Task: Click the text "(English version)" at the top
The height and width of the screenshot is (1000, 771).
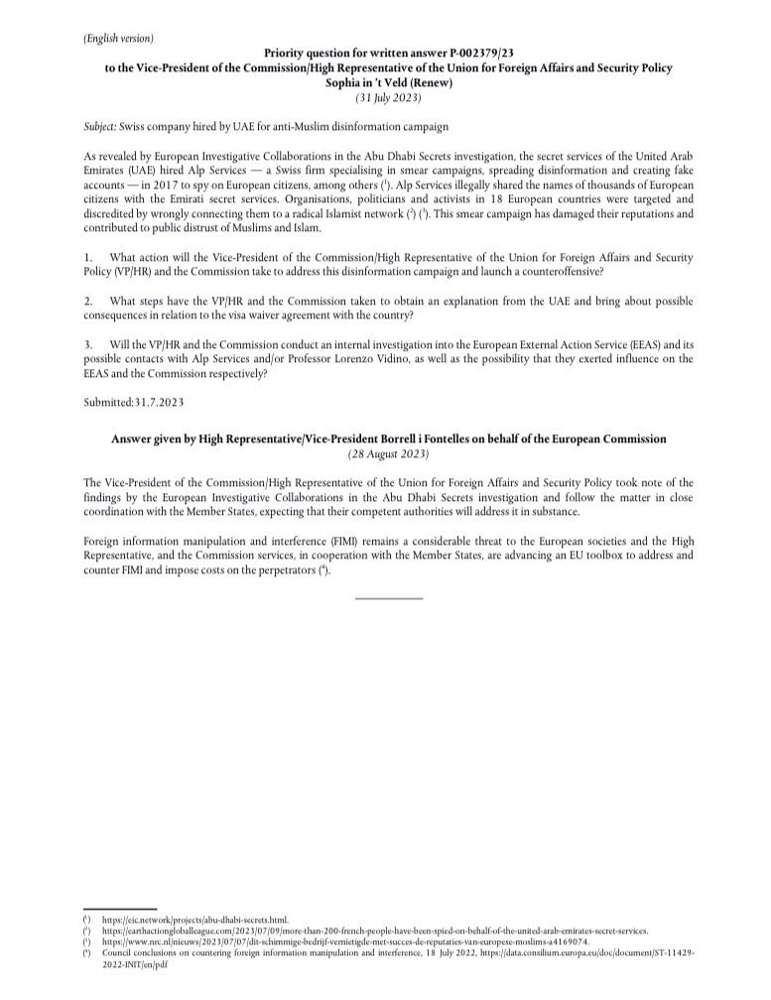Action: click(119, 38)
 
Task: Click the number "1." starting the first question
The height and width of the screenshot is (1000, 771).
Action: click(89, 257)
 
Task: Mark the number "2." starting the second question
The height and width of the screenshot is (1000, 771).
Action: click(89, 301)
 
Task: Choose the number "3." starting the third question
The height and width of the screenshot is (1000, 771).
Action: click(89, 343)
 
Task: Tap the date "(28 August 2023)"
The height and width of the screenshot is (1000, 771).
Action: click(389, 453)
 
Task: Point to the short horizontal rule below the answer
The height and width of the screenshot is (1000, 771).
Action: click(389, 598)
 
